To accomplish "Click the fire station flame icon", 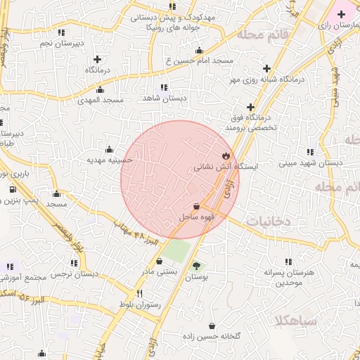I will (x=225, y=156).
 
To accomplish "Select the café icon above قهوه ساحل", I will (x=196, y=207).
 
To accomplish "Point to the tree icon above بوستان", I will (x=196, y=266).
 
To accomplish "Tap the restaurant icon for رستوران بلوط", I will (x=139, y=293).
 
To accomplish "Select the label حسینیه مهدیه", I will (x=110, y=160).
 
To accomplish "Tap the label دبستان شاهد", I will (x=164, y=98).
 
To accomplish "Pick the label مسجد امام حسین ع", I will (x=199, y=61).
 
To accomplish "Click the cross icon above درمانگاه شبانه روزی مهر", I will (x=266, y=69).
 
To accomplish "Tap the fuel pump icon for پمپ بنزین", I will (x=13, y=190).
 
